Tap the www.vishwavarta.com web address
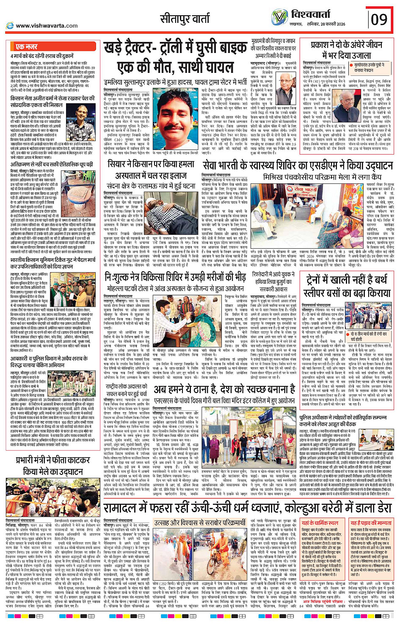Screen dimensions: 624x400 47,26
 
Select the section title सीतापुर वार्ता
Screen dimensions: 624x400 185,19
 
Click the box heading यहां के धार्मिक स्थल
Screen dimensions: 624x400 320,523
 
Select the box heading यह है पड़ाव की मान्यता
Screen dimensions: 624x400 370,523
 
